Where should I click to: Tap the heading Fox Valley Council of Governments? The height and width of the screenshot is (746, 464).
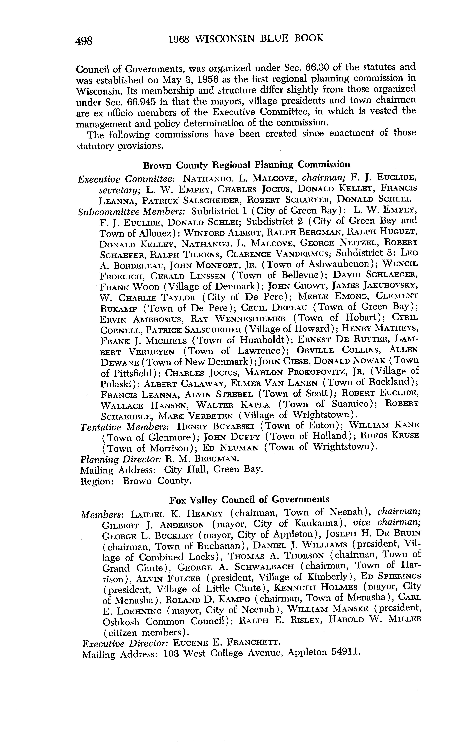(249, 500)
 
